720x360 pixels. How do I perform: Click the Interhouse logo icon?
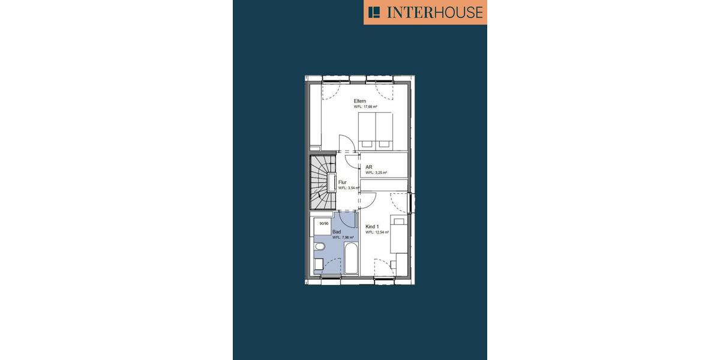tap(375, 12)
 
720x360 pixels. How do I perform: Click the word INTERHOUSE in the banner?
tap(434, 13)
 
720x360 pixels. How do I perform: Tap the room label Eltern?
tap(360, 100)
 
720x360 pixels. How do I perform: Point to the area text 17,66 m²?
tap(365, 107)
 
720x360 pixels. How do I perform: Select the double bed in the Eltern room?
tap(375, 130)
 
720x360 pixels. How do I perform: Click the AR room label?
tap(369, 167)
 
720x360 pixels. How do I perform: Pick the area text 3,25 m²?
tap(376, 173)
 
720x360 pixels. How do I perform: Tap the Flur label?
tap(343, 182)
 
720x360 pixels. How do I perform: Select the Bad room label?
tap(337, 231)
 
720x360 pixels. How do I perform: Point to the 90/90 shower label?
tap(324, 224)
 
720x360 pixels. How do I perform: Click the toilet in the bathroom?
tap(319, 247)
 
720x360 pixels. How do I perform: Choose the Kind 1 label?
tap(372, 226)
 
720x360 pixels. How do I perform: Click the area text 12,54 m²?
tap(377, 232)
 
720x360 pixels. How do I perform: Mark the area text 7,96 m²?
tap(343, 238)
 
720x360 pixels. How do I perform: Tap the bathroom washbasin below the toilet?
tap(319, 263)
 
